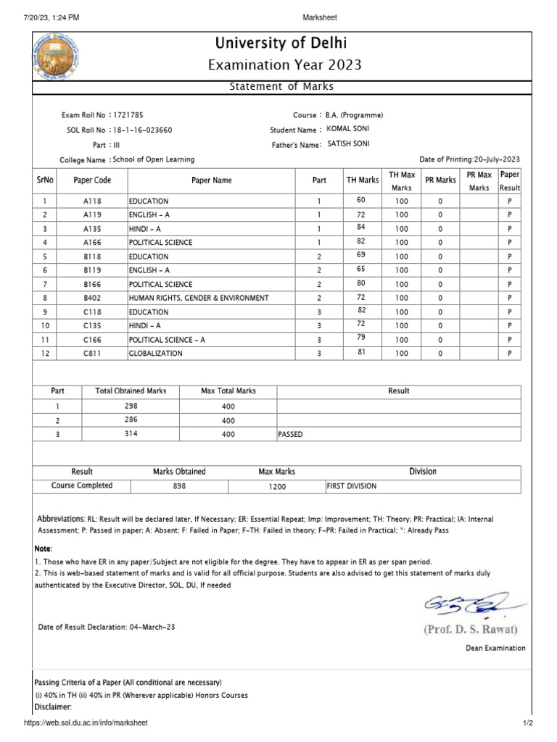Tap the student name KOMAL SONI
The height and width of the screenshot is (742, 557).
click(x=349, y=128)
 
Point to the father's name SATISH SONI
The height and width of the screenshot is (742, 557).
click(x=349, y=143)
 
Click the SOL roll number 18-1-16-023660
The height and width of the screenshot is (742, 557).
click(x=142, y=130)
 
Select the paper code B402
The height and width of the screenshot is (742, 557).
click(x=92, y=298)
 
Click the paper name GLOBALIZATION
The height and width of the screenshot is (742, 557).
click(x=156, y=354)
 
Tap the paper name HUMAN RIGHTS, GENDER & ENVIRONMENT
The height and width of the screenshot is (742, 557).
click(x=199, y=298)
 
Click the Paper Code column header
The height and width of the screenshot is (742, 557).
click(x=92, y=180)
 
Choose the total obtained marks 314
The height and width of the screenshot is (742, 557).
click(x=131, y=434)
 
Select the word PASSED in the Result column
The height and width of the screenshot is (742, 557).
click(x=290, y=435)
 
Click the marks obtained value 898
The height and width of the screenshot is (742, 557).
click(x=179, y=487)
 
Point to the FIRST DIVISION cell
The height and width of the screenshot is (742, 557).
click(x=352, y=486)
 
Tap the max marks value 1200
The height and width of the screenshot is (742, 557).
click(x=277, y=487)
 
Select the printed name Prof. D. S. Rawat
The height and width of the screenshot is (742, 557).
click(x=471, y=629)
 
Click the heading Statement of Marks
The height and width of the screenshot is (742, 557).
click(x=281, y=87)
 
